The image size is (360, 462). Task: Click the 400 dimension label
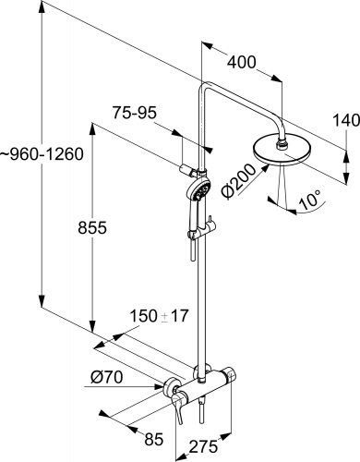243,62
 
